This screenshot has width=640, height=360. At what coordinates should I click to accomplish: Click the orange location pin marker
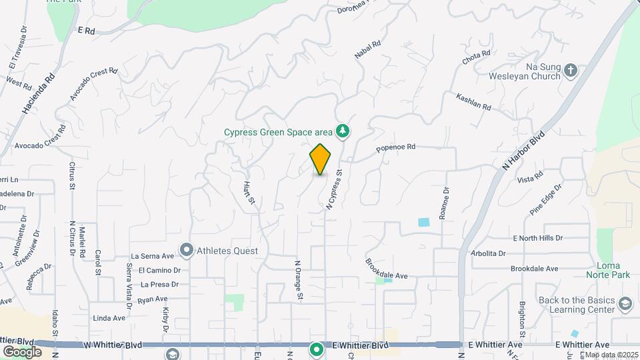tap(321, 159)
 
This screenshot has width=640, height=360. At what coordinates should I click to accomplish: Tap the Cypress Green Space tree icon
tap(343, 131)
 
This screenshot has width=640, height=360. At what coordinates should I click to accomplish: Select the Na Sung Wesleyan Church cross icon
tap(571, 70)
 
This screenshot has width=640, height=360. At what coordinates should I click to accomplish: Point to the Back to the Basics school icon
tap(625, 305)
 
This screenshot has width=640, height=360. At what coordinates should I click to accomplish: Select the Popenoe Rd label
tap(396, 147)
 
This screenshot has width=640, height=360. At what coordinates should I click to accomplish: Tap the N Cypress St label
tap(334, 190)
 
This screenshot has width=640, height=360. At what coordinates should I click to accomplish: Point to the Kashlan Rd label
tap(473, 102)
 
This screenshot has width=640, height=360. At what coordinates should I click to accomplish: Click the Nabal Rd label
tap(367, 49)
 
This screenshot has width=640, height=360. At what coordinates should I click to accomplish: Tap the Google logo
tap(22, 351)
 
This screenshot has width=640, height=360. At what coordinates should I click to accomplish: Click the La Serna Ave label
tap(152, 255)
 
